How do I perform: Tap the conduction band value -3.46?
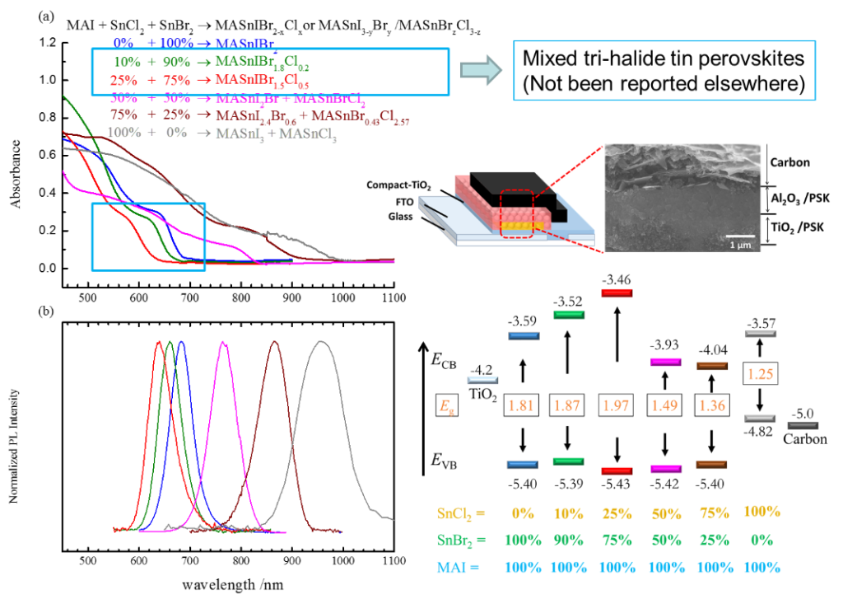coord(617,282)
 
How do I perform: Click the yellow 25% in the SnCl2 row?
coord(617,512)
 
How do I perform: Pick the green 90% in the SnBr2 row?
coord(570,540)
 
